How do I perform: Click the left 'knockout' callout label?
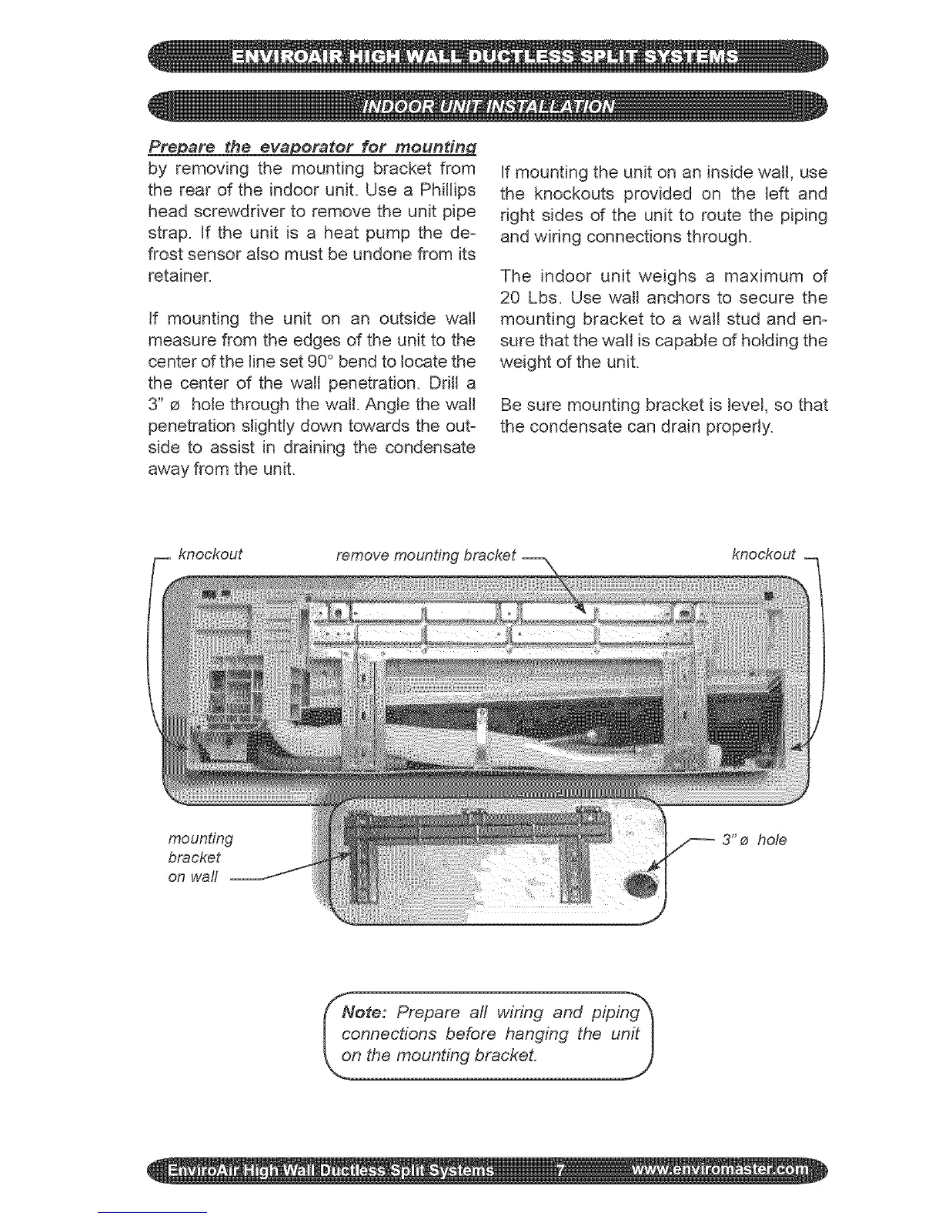pyautogui.click(x=209, y=555)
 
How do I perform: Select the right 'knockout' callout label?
pyautogui.click(x=763, y=555)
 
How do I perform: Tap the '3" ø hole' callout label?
pyautogui.click(x=753, y=840)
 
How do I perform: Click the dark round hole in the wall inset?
pyautogui.click(x=640, y=886)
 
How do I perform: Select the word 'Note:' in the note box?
pyautogui.click(x=372, y=1012)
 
